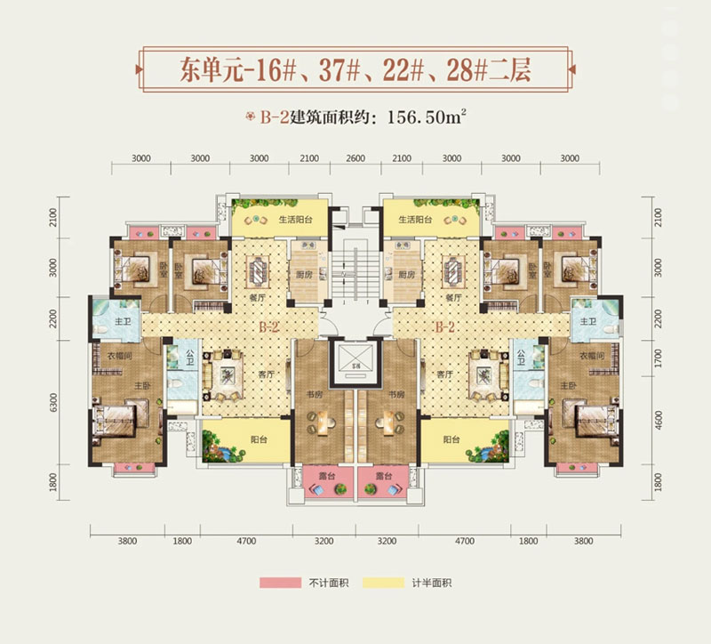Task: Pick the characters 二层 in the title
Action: (533, 68)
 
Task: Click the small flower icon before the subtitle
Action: (252, 116)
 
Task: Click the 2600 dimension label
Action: (355, 158)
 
